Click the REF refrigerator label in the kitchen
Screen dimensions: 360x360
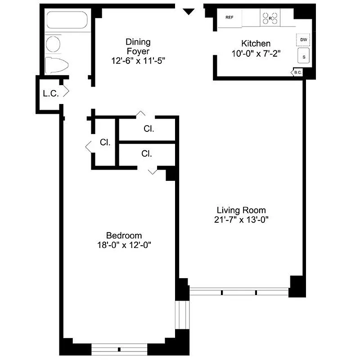[229, 18]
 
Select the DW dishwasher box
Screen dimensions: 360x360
[304, 40]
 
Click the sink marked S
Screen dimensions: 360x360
[304, 57]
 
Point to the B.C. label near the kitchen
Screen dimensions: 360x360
[297, 72]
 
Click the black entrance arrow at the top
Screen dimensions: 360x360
[189, 11]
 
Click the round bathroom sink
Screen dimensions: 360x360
[54, 44]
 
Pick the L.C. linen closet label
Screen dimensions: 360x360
[49, 94]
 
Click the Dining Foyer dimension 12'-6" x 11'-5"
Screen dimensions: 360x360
[139, 60]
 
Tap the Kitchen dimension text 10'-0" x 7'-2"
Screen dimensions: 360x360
[256, 52]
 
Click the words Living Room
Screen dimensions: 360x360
[241, 210]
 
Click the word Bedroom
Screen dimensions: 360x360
[124, 235]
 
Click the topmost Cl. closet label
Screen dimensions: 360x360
[149, 129]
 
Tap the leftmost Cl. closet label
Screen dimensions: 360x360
[105, 142]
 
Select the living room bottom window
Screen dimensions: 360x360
[239, 292]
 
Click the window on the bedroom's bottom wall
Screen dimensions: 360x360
[119, 349]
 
